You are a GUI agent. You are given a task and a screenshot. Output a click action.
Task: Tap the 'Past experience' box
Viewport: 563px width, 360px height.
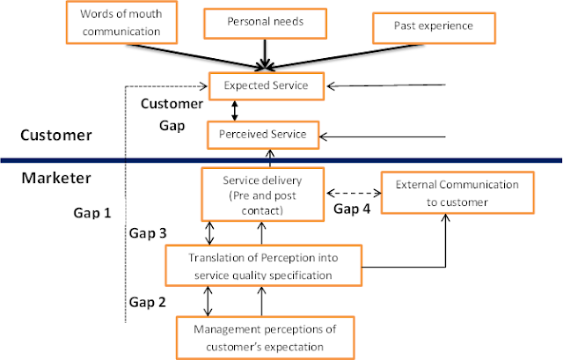point(434,26)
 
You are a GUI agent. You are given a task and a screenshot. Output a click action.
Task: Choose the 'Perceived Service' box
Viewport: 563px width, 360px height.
point(263,135)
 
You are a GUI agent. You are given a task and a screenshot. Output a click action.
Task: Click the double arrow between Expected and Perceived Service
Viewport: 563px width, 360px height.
point(234,110)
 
